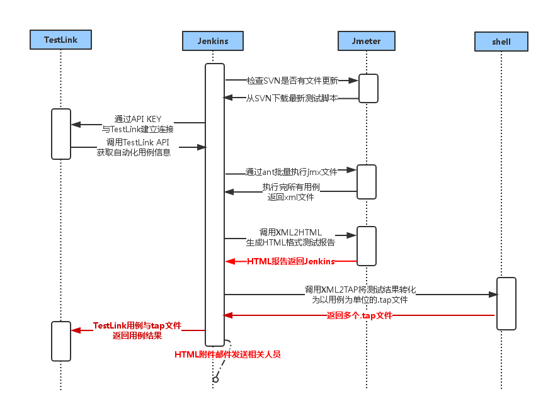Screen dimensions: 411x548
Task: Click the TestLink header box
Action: click(x=60, y=40)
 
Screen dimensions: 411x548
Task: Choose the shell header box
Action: click(x=501, y=42)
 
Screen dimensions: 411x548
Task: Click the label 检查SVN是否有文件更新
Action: click(x=292, y=81)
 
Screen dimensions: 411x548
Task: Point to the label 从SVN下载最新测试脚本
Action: click(x=291, y=98)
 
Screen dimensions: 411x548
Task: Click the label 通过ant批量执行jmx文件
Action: click(x=292, y=171)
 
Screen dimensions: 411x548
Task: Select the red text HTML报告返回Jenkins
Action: click(x=290, y=261)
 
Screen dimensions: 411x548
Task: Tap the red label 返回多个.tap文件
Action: click(x=359, y=315)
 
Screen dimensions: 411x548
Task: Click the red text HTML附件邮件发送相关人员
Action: click(x=227, y=354)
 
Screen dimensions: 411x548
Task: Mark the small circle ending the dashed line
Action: click(x=215, y=380)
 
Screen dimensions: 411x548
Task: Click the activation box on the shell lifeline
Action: click(x=506, y=303)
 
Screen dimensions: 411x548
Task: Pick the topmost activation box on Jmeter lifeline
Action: click(x=368, y=88)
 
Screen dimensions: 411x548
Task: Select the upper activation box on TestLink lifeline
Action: click(x=61, y=134)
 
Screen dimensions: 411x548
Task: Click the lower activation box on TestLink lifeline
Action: click(x=61, y=341)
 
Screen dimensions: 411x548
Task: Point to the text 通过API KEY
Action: click(x=137, y=118)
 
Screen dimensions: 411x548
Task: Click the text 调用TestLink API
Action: click(x=134, y=142)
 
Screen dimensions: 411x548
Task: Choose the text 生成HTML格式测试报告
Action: click(x=290, y=242)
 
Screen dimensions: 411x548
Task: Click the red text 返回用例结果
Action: click(x=137, y=336)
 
